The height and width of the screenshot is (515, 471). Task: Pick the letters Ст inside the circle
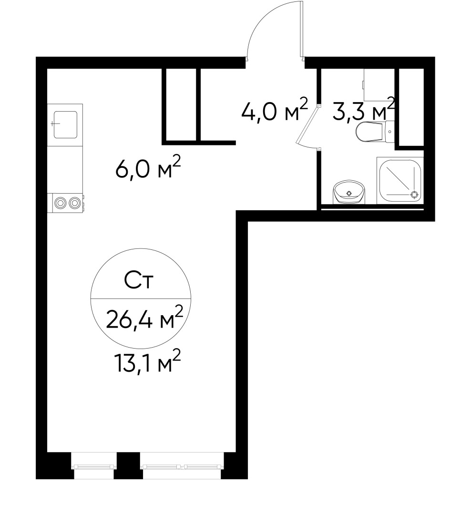(138, 281)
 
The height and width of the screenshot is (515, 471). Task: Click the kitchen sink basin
(65, 124)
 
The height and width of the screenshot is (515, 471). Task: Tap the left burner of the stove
(61, 203)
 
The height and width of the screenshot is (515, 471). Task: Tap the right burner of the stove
(74, 203)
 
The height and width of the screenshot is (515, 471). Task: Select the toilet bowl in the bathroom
(369, 132)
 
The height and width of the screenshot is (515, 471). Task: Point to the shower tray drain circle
(414, 194)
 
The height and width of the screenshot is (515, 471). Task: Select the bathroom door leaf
(306, 126)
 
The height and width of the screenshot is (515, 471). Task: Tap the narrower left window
(94, 467)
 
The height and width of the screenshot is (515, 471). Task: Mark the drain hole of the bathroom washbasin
(349, 193)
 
